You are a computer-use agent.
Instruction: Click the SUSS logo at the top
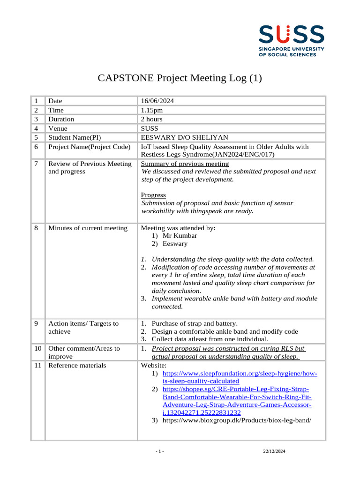[x=291, y=41]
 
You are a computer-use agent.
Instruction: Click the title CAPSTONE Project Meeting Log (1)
[x=180, y=78]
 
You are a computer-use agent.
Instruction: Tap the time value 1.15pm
[x=152, y=110]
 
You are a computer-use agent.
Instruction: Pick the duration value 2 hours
[x=152, y=119]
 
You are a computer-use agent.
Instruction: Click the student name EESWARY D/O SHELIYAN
[x=185, y=137]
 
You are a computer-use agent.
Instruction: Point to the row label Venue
[x=58, y=128]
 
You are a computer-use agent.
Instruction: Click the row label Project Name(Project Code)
[x=89, y=147]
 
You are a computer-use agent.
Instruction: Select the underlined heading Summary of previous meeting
[x=185, y=164]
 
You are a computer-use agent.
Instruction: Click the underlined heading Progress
[x=153, y=195]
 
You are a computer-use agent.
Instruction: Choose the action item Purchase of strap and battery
[x=195, y=323]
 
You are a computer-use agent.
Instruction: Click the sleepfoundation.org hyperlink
[x=240, y=377]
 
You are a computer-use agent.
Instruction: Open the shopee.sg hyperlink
[x=236, y=401]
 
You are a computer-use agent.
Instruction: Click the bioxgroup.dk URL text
[x=237, y=420]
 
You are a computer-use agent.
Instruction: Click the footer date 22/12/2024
[x=274, y=451]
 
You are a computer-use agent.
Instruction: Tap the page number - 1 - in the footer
[x=160, y=451]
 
